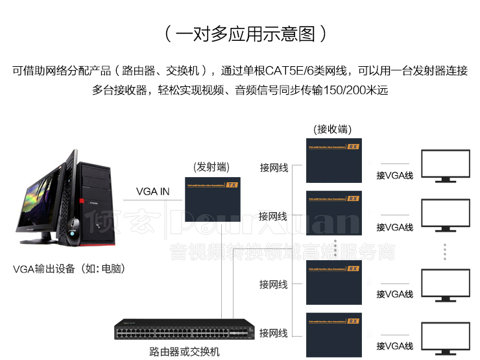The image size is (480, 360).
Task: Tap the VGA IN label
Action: coord(152,191)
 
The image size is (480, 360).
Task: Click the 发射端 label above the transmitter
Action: coord(211,167)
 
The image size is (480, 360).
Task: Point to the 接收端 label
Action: coord(332,129)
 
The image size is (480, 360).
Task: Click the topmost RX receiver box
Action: coord(333,160)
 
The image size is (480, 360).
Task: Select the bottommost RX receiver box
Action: coord(333,333)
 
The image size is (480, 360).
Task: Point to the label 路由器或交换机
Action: coord(185,352)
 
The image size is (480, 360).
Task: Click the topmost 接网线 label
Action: coord(273,167)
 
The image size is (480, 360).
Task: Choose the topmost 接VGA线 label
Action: coord(394,175)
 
